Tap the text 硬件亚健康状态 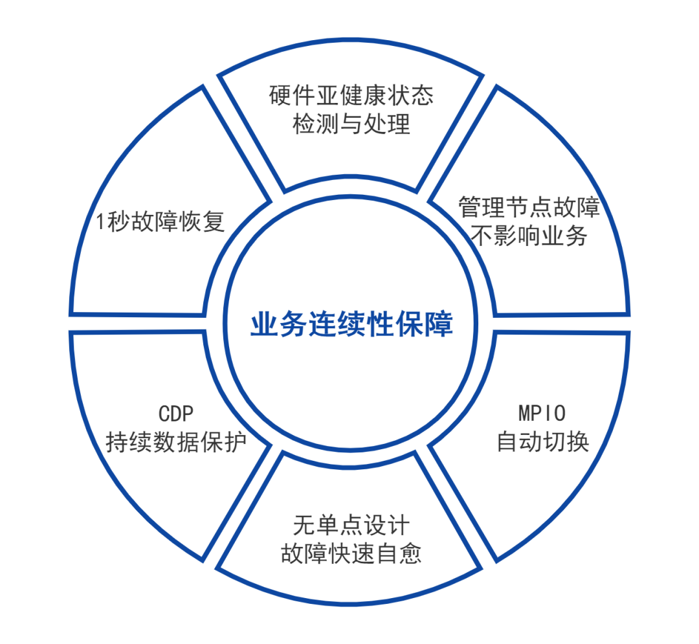(x=351, y=96)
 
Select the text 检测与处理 (x=351, y=124)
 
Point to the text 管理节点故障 (x=529, y=208)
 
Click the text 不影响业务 (x=529, y=236)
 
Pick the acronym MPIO (x=542, y=413)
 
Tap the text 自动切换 (x=542, y=441)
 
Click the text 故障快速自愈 (x=351, y=553)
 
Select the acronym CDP (x=176, y=414)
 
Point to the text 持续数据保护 (x=176, y=443)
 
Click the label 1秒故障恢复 (x=160, y=222)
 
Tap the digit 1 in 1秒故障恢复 (x=100, y=223)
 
